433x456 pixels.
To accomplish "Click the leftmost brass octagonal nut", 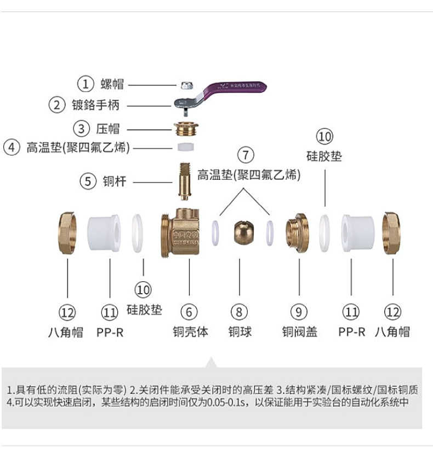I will point(69,233).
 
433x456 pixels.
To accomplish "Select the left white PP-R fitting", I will point(105,233).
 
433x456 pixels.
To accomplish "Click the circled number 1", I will point(86,84).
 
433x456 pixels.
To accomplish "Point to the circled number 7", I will point(246,155).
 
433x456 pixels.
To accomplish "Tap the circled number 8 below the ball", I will point(239,312).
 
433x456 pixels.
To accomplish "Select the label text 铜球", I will point(240,332).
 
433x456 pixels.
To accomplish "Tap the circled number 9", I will point(299,312).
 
